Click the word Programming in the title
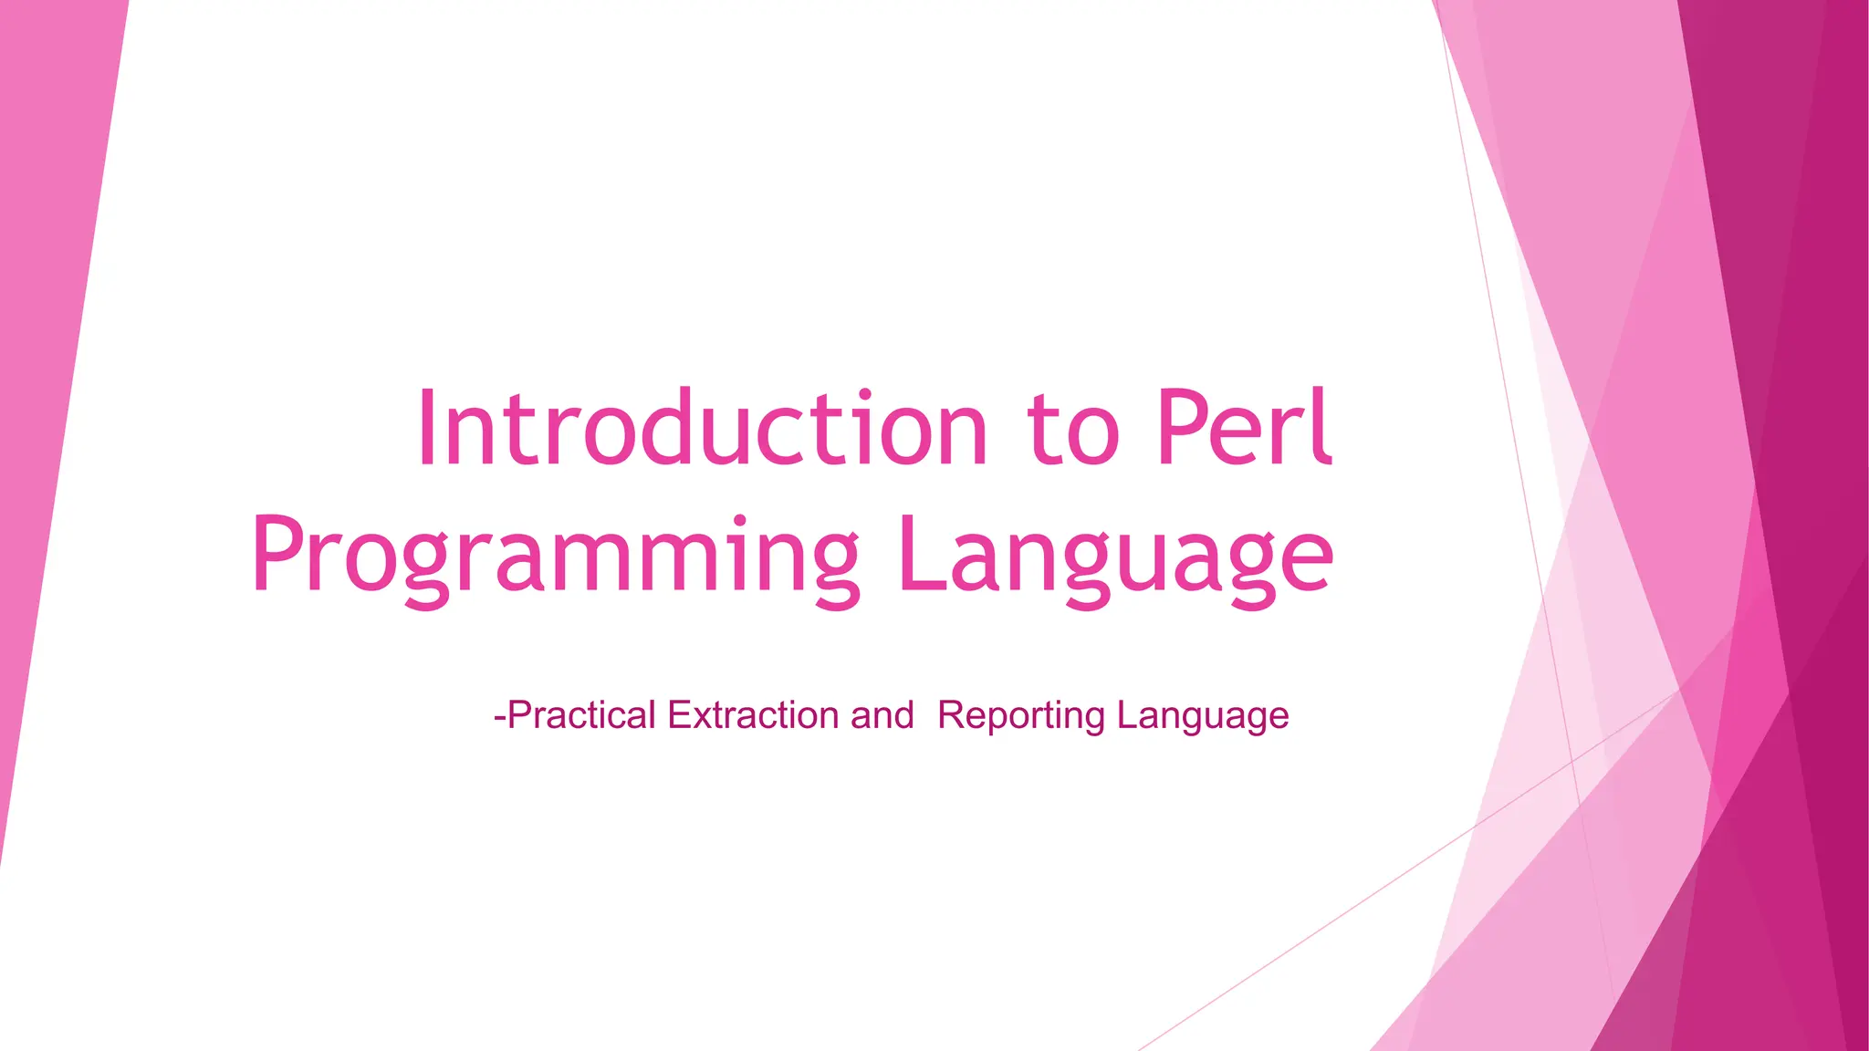(555, 557)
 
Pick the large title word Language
(1115, 557)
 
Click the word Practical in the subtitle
(581, 715)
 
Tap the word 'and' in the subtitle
(882, 715)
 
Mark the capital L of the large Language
(916, 553)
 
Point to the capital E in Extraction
(678, 715)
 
